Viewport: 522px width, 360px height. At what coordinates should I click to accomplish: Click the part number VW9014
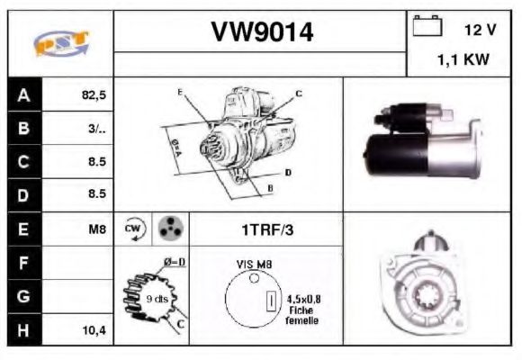pos(262,33)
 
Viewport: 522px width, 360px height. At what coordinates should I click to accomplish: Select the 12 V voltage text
pos(480,30)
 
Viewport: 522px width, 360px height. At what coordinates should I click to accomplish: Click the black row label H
pos(24,330)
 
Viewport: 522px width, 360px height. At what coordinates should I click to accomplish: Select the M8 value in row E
pos(97,229)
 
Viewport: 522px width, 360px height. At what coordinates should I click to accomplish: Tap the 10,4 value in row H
pos(94,330)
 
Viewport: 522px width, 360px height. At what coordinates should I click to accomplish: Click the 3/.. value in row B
pos(97,129)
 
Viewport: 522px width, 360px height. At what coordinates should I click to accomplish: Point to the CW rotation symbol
pos(133,229)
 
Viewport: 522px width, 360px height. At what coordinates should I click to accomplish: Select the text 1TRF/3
pos(266,229)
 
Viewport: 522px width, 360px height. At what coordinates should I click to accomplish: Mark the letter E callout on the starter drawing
pos(180,93)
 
